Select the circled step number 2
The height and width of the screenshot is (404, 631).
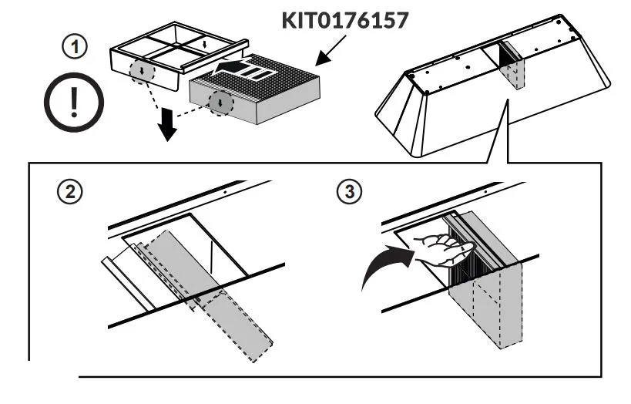[71, 192]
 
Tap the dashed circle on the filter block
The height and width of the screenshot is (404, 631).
[221, 102]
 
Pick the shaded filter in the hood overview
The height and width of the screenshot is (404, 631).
[510, 68]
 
